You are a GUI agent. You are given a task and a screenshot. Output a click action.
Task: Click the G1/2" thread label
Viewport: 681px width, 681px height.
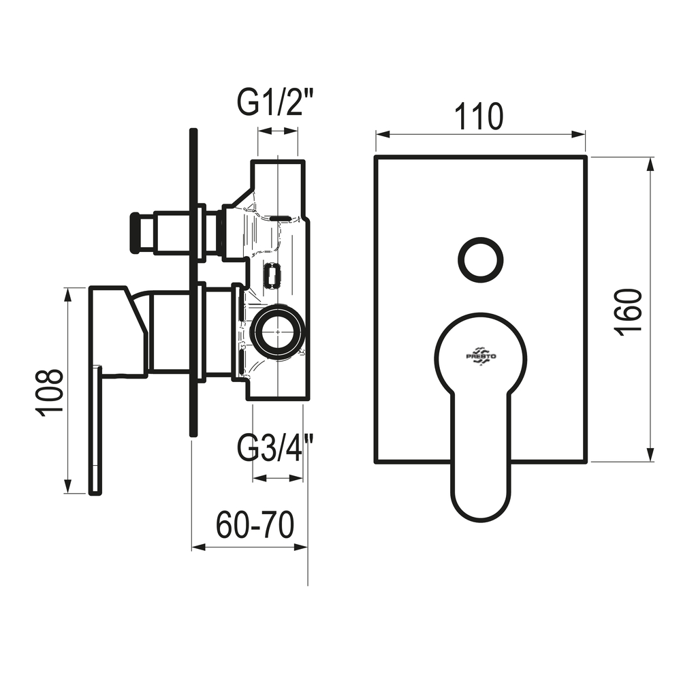click(x=275, y=103)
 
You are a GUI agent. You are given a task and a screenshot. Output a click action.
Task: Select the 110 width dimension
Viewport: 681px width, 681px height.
click(x=479, y=116)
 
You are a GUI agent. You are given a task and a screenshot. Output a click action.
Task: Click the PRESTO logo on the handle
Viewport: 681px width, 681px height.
click(x=481, y=356)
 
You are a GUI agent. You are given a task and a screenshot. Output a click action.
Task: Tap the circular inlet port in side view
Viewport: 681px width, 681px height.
click(x=278, y=332)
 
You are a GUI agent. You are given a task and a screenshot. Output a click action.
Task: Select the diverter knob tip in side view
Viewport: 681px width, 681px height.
click(x=136, y=233)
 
